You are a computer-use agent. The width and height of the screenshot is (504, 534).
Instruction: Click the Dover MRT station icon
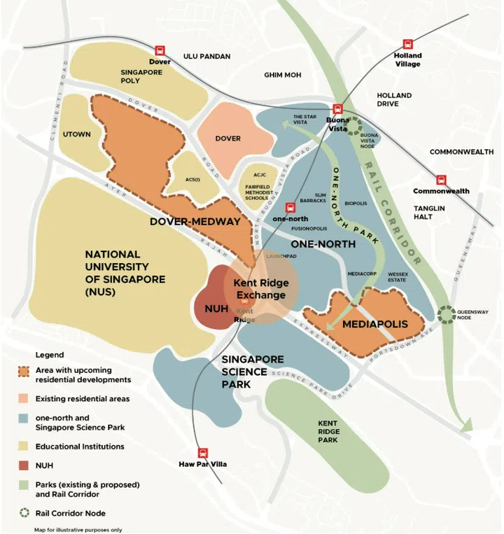(x=160, y=50)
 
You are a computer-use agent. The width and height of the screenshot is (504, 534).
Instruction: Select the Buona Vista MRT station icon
(x=337, y=108)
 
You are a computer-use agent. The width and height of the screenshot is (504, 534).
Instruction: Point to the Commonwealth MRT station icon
(x=441, y=180)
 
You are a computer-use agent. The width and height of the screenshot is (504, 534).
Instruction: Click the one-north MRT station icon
(x=290, y=207)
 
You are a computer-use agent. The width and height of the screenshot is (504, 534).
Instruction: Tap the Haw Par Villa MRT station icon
(x=203, y=453)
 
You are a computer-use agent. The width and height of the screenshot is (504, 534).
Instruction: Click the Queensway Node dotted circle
(x=446, y=314)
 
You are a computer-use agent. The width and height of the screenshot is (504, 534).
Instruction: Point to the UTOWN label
(x=77, y=134)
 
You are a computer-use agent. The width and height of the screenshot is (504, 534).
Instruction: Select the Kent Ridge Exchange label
(x=260, y=289)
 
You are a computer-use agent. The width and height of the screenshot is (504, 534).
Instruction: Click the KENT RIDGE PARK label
(x=328, y=431)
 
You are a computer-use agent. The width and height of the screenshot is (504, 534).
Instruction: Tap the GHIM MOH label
(x=281, y=75)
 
